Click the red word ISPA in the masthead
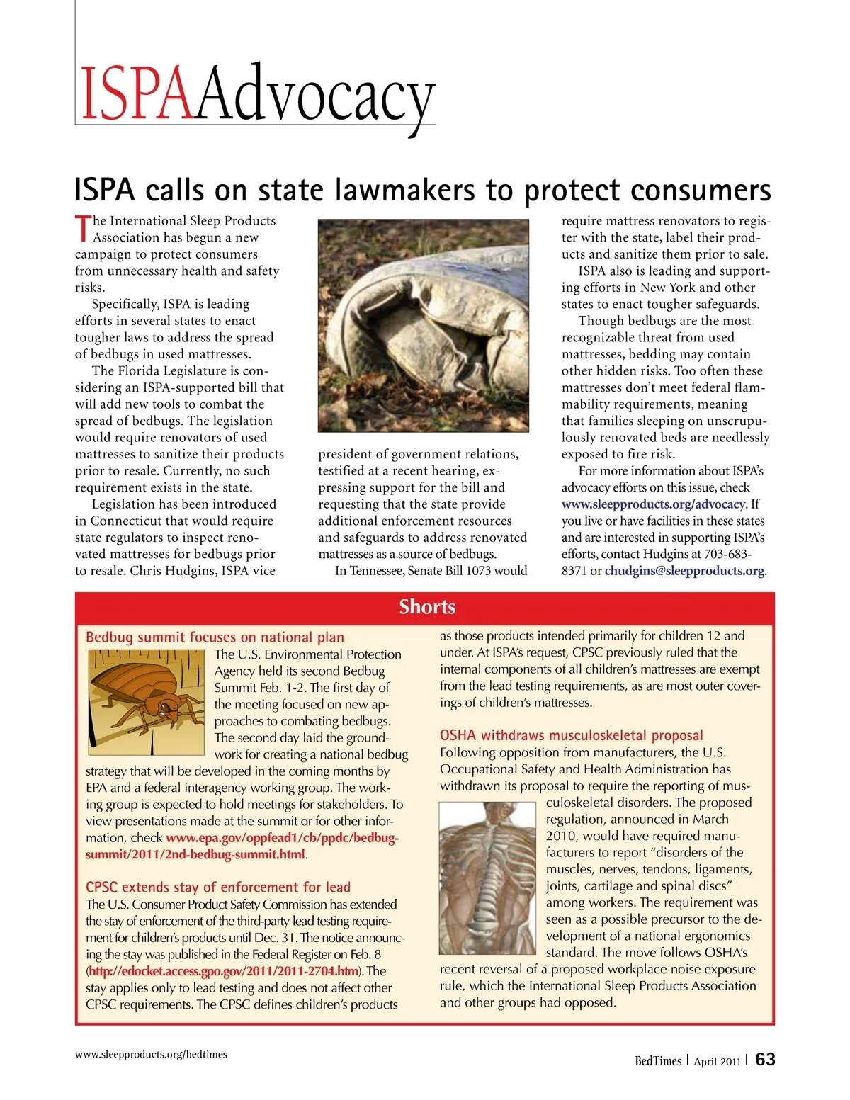(x=137, y=94)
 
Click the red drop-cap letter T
(x=83, y=228)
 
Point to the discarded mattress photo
(x=423, y=325)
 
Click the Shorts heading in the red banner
(x=427, y=607)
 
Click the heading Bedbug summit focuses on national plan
(x=215, y=637)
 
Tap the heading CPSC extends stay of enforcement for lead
(x=218, y=887)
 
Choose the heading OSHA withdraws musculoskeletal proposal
(x=572, y=735)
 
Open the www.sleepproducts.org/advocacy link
(x=653, y=504)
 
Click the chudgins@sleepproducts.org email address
(x=684, y=571)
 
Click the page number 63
(x=766, y=1060)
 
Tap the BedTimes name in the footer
(x=658, y=1061)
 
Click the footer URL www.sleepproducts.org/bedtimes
(x=151, y=1054)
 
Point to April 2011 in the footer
(x=717, y=1062)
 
